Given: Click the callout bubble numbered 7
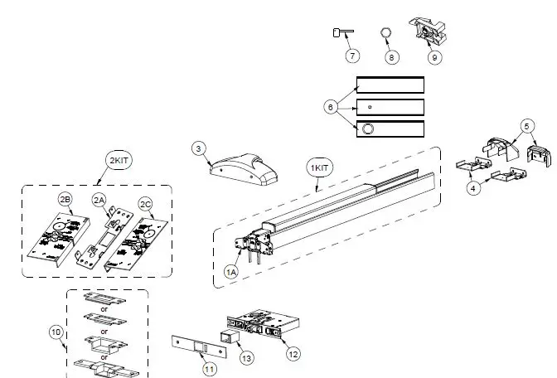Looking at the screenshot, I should pos(352,56).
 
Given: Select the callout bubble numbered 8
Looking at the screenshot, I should pos(391,56).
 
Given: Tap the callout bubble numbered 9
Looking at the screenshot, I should pos(435,57).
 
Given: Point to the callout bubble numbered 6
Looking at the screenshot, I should pos(331,107).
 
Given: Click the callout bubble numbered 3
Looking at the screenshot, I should pos(198,148).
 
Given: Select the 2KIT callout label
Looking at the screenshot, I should pos(116,160).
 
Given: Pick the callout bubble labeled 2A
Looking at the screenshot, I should pos(99,200).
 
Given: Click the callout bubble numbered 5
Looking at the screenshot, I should pos(527,126).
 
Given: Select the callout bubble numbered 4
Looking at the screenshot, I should pos(473,188).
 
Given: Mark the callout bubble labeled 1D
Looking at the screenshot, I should pos(56,332).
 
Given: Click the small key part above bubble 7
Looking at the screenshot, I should pos(342,32).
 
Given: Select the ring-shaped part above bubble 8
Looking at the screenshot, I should pos(385,32).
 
